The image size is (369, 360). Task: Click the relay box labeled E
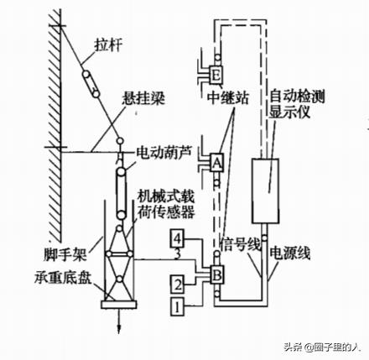tap(216, 76)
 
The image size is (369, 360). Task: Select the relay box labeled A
tap(216, 163)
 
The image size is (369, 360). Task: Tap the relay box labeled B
tap(217, 274)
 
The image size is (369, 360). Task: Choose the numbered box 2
tap(177, 284)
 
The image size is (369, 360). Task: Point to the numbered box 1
tap(177, 307)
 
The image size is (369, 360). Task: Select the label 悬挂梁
tap(143, 98)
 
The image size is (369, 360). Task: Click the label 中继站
tap(228, 98)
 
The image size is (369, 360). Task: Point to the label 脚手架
tap(65, 254)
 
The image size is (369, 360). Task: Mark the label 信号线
tap(241, 244)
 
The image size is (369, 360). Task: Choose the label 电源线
tap(289, 253)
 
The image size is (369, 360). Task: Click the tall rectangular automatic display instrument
tap(265, 190)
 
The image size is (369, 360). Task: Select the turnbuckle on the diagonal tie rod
tap(91, 84)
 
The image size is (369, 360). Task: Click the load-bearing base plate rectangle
tap(119, 305)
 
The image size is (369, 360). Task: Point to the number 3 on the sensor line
tap(177, 254)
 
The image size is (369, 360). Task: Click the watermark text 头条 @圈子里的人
tap(321, 347)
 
